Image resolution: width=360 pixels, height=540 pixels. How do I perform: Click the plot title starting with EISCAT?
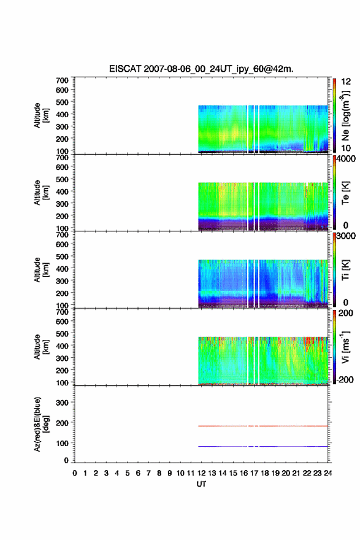click(201, 69)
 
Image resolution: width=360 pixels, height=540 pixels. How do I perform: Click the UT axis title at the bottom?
click(201, 484)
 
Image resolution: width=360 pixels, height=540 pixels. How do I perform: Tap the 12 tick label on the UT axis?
click(201, 473)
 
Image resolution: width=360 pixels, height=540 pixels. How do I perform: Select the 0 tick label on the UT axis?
click(75, 473)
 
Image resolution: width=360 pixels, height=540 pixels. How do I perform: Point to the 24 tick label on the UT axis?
click(327, 473)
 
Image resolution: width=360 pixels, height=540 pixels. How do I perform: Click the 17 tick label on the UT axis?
click(254, 473)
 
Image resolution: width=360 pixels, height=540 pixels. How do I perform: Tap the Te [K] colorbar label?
click(345, 193)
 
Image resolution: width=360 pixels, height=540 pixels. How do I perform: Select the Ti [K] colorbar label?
click(345, 269)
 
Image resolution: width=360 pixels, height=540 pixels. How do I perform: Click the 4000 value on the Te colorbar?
click(346, 159)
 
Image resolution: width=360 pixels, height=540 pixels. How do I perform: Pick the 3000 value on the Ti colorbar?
click(346, 236)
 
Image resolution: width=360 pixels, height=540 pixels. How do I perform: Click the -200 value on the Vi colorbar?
click(344, 379)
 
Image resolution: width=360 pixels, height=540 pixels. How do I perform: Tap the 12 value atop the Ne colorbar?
click(346, 82)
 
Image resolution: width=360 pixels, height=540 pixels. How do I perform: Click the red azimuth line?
click(263, 426)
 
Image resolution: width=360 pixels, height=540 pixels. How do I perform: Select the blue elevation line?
click(263, 446)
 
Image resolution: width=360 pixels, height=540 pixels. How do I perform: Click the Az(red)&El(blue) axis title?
click(40, 424)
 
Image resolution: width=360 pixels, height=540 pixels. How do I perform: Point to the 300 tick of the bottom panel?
click(62, 403)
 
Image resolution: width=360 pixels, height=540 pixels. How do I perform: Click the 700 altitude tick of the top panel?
click(62, 80)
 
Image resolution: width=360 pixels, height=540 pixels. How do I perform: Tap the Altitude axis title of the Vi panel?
click(40, 347)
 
